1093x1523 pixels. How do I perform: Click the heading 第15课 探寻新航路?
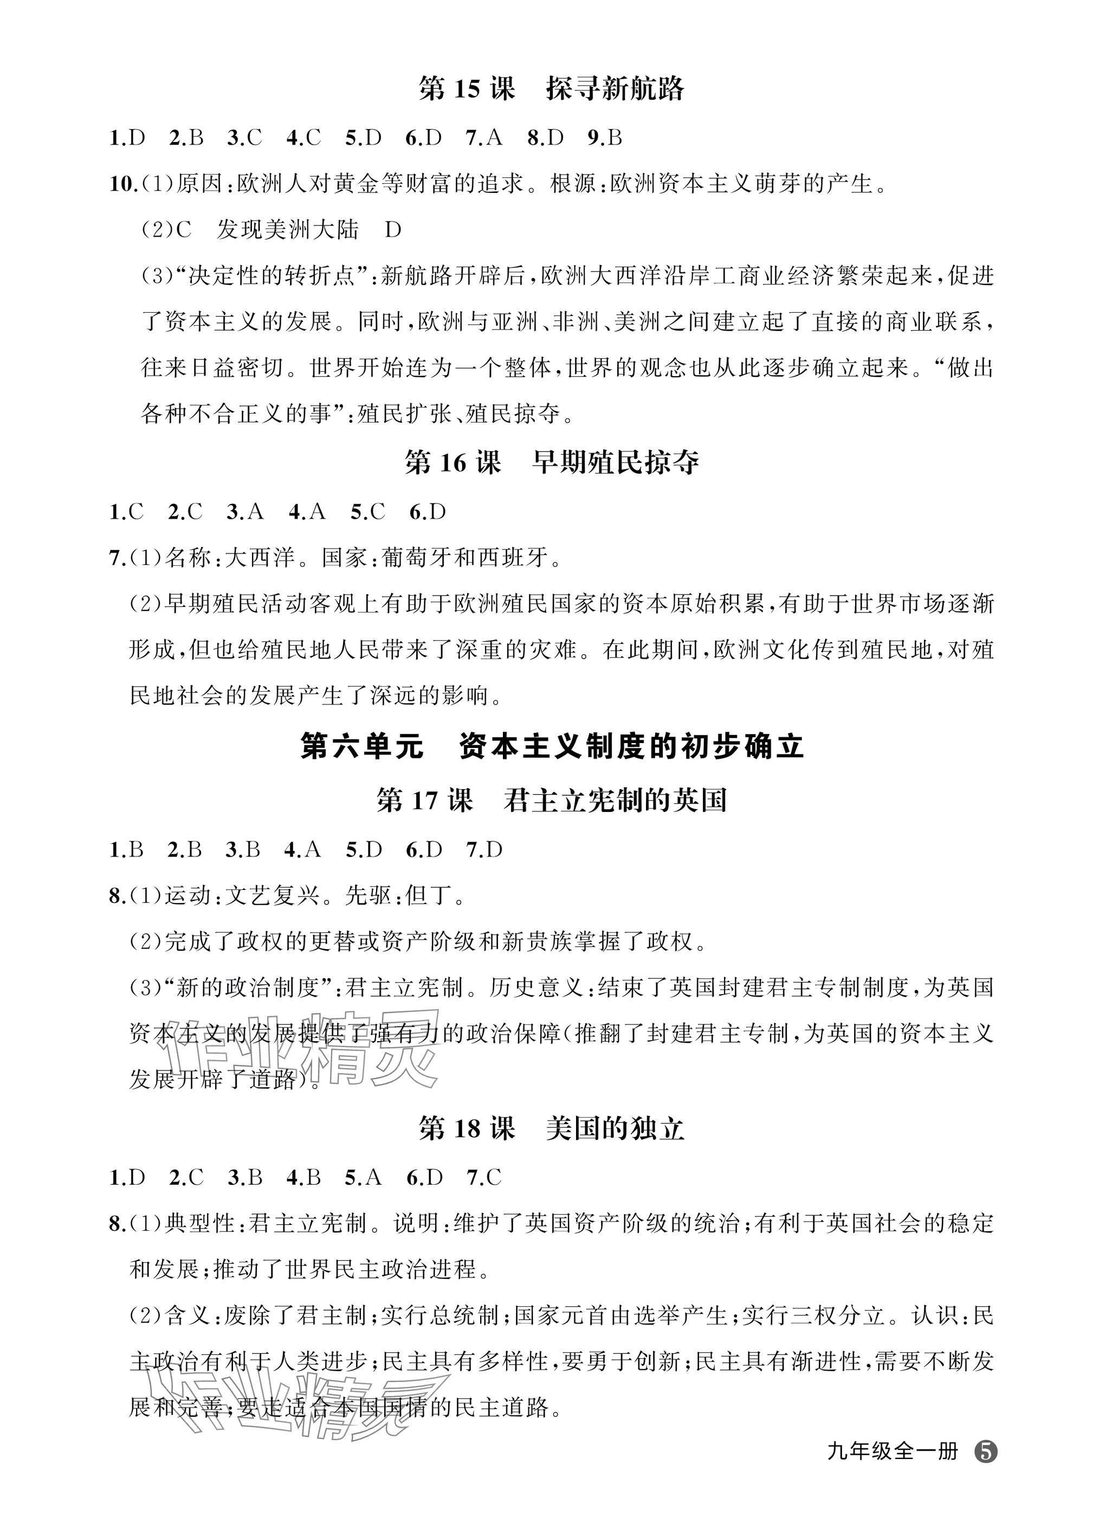[551, 89]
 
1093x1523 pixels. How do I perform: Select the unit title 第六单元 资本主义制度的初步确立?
[551, 747]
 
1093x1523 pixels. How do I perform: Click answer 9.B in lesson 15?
[604, 138]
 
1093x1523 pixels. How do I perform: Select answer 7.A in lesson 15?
[483, 138]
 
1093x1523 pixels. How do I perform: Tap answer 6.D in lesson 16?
[427, 512]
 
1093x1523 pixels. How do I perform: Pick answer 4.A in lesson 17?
[302, 850]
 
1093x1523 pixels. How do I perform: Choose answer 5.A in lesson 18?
[363, 1178]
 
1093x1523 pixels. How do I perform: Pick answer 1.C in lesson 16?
[126, 512]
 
